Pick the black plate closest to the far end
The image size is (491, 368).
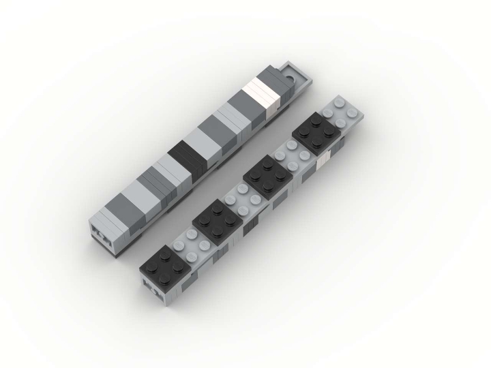click(316, 134)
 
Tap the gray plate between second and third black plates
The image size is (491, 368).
click(241, 198)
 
